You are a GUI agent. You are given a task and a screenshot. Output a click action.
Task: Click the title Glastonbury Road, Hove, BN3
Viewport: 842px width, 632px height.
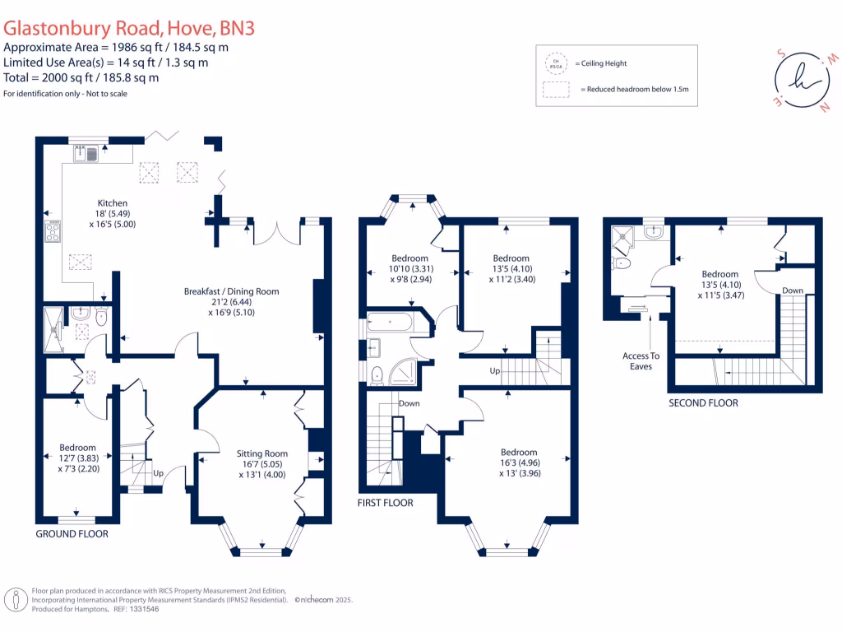(129, 28)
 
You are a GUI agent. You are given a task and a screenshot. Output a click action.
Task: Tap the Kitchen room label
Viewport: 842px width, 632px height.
(113, 202)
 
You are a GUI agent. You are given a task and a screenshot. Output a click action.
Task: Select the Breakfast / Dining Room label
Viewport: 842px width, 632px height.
(231, 291)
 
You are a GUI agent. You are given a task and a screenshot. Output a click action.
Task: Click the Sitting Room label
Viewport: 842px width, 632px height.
(261, 453)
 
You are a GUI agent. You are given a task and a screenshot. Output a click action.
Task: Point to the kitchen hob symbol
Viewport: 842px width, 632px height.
(53, 230)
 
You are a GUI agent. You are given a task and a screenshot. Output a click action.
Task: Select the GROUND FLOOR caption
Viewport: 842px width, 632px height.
(72, 534)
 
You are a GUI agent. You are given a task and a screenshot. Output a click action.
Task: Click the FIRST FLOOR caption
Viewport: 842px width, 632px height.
(385, 502)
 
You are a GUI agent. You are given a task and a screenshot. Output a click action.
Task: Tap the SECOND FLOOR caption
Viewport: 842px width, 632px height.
(702, 403)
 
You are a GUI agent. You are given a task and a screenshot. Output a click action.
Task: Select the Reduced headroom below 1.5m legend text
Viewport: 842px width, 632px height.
(634, 89)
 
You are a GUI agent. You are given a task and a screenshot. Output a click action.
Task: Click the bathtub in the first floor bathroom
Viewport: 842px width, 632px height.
(392, 322)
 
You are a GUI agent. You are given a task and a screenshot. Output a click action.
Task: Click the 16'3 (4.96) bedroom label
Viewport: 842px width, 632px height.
(519, 452)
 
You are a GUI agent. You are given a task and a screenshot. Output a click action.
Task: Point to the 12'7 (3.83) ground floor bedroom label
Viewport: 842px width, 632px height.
(77, 448)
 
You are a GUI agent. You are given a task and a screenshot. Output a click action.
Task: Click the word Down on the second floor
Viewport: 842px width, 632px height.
(793, 290)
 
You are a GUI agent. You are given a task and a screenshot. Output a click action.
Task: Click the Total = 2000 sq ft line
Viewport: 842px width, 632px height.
(81, 77)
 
